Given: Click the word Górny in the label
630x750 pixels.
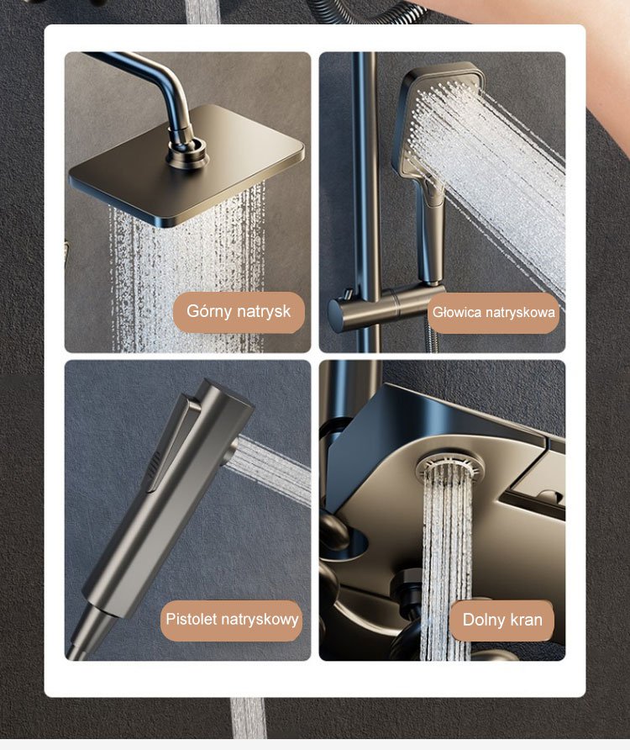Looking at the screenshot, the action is pyautogui.click(x=209, y=311).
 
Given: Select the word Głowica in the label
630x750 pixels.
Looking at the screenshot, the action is pyautogui.click(x=456, y=312).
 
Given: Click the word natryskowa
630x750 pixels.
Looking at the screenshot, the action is pyautogui.click(x=520, y=312).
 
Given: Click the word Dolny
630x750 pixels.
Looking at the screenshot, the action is pyautogui.click(x=482, y=620).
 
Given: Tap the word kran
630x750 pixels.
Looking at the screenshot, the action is pyautogui.click(x=525, y=620).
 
